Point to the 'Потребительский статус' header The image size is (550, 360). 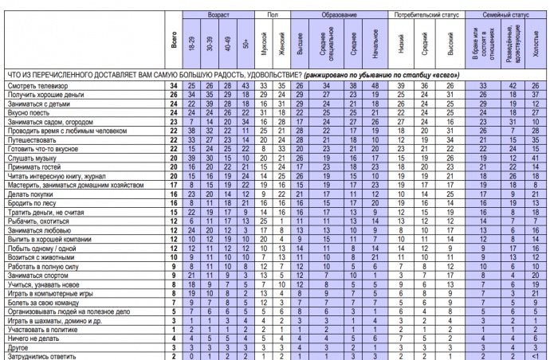[428, 14]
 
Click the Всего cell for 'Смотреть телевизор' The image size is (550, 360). [172, 85]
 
